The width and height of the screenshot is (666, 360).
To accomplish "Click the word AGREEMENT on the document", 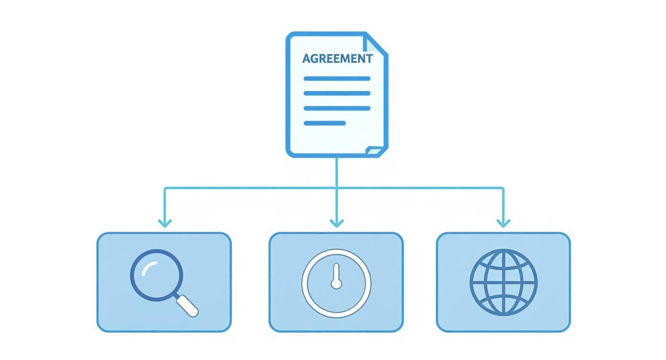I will [337, 59].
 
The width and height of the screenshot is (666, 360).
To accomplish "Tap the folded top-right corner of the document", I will [374, 44].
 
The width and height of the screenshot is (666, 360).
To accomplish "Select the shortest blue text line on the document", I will [324, 123].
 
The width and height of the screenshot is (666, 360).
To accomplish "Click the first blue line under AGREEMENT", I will [337, 79].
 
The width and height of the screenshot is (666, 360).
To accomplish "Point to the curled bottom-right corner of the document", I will [374, 151].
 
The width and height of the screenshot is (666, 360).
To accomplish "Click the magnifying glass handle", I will [187, 305].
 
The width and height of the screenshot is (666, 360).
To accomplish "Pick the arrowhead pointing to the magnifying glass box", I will [165, 223].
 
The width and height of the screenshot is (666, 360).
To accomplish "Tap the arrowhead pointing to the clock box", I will [337, 223].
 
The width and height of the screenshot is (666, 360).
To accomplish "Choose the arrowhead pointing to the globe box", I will [503, 223].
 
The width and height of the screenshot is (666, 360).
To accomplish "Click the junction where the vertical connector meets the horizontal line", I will [337, 188].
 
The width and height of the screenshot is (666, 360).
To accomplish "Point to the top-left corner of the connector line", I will [165, 188].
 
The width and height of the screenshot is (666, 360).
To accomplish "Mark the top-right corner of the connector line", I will [503, 188].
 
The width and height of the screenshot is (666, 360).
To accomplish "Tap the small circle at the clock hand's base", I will [336, 284].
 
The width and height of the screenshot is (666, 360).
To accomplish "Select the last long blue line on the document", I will [337, 108].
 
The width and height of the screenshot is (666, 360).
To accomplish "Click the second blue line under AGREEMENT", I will [337, 93].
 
